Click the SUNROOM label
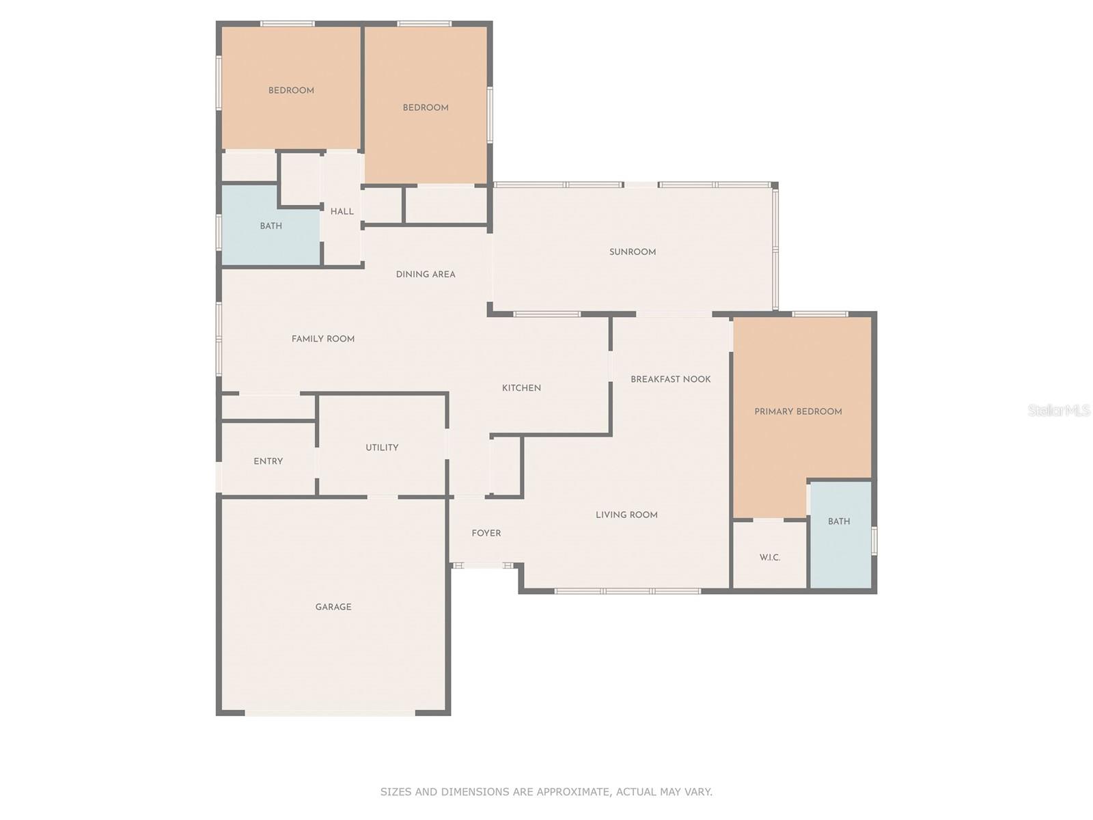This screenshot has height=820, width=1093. [633, 252]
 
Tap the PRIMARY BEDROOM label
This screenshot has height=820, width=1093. [798, 411]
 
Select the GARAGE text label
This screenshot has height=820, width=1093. [333, 607]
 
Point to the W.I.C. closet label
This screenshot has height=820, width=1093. [770, 558]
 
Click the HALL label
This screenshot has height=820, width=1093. [342, 212]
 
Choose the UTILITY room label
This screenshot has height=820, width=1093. [382, 448]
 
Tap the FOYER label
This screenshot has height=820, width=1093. [486, 533]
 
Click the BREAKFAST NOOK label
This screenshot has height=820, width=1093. [670, 379]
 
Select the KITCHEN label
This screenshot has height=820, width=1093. [521, 388]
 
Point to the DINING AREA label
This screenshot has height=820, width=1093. [426, 275]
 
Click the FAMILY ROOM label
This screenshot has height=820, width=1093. [323, 339]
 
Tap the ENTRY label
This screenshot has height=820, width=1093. [268, 461]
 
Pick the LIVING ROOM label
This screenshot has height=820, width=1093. [626, 515]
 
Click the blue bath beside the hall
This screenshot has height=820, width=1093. [271, 226]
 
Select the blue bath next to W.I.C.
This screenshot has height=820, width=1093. [839, 521]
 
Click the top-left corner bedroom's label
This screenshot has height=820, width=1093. [291, 90]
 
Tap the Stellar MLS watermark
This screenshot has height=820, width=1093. [1058, 411]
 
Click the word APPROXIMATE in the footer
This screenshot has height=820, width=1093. [572, 792]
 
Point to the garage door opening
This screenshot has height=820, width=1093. [330, 713]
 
